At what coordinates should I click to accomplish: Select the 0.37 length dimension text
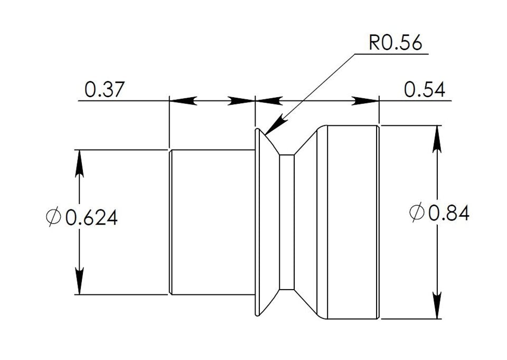tap(104, 90)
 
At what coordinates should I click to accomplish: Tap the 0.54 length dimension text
tap(424, 90)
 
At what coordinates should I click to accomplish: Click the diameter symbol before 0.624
tap(53, 217)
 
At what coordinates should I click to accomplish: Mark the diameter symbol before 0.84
tap(417, 213)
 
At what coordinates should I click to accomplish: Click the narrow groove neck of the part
tap(286, 222)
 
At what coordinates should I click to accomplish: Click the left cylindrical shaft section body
tap(211, 222)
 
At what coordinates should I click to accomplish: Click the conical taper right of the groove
tap(309, 222)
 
